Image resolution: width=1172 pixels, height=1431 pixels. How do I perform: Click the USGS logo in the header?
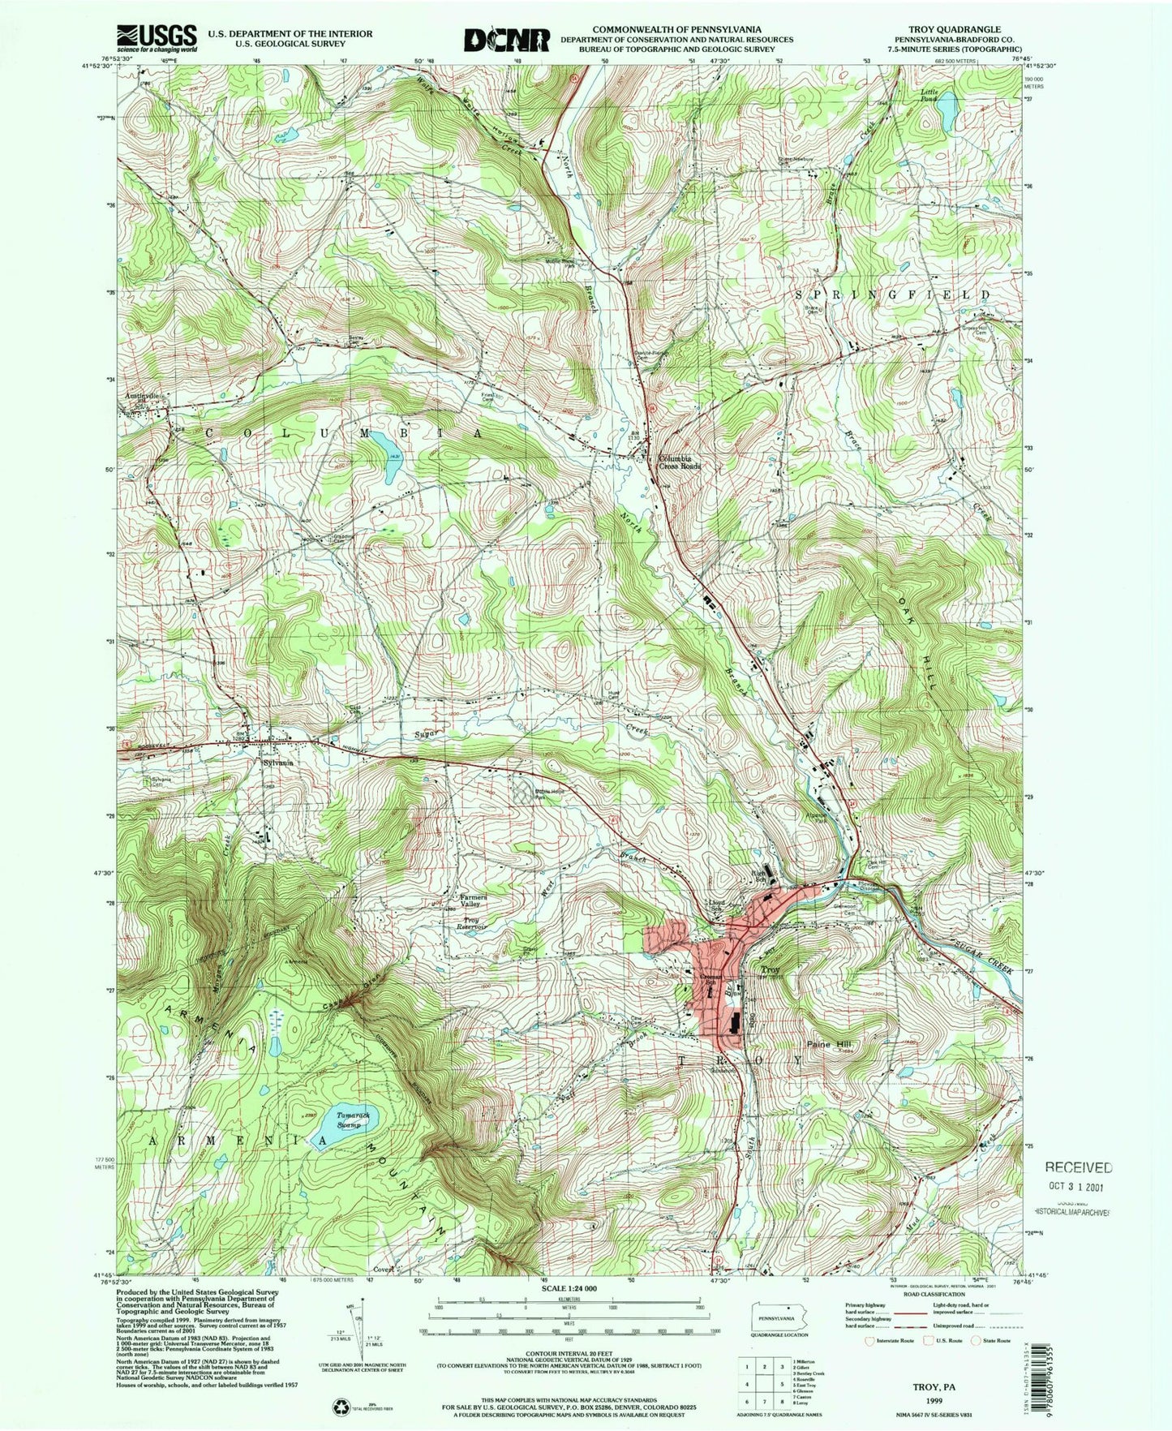[x=157, y=38]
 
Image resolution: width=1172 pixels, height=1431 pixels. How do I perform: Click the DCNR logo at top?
[x=507, y=38]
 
